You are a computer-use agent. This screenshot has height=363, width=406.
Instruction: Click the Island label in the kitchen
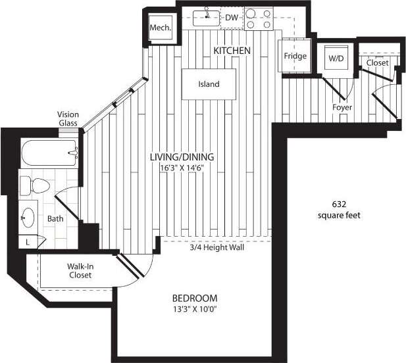coord(209,84)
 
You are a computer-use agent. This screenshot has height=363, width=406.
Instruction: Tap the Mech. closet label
coord(160,28)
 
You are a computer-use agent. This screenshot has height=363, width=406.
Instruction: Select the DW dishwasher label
coord(230,18)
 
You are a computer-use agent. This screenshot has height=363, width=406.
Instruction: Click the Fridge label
coord(295,57)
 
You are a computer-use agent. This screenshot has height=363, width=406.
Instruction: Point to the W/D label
coord(336,59)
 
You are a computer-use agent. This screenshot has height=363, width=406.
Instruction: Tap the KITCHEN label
coord(232,51)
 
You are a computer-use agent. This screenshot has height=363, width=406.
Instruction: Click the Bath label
coord(55,219)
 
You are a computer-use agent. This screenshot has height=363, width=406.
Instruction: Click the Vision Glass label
coord(68,118)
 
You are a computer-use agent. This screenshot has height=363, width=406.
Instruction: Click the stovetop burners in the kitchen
coord(258,19)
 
